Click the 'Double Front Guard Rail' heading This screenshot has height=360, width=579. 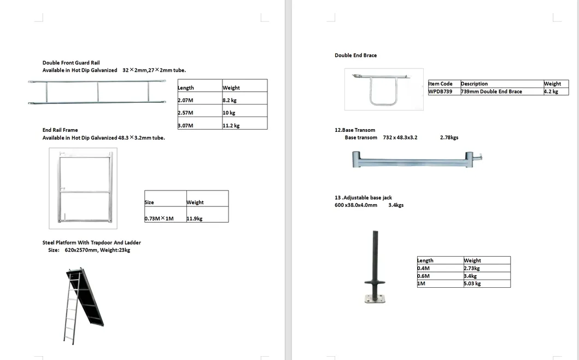tap(71, 63)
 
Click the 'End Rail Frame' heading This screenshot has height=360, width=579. tap(60, 130)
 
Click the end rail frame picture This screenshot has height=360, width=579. tap(83, 188)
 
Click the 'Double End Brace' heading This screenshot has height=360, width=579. tap(355, 55)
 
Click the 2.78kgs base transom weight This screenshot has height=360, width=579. tap(449, 137)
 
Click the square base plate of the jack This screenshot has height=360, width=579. tap(375, 298)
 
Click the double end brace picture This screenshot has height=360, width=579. tap(383, 89)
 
